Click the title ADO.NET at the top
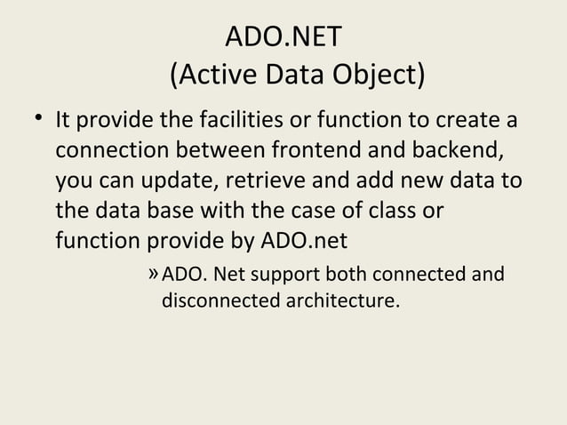point(283,40)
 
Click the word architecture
point(339,301)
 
